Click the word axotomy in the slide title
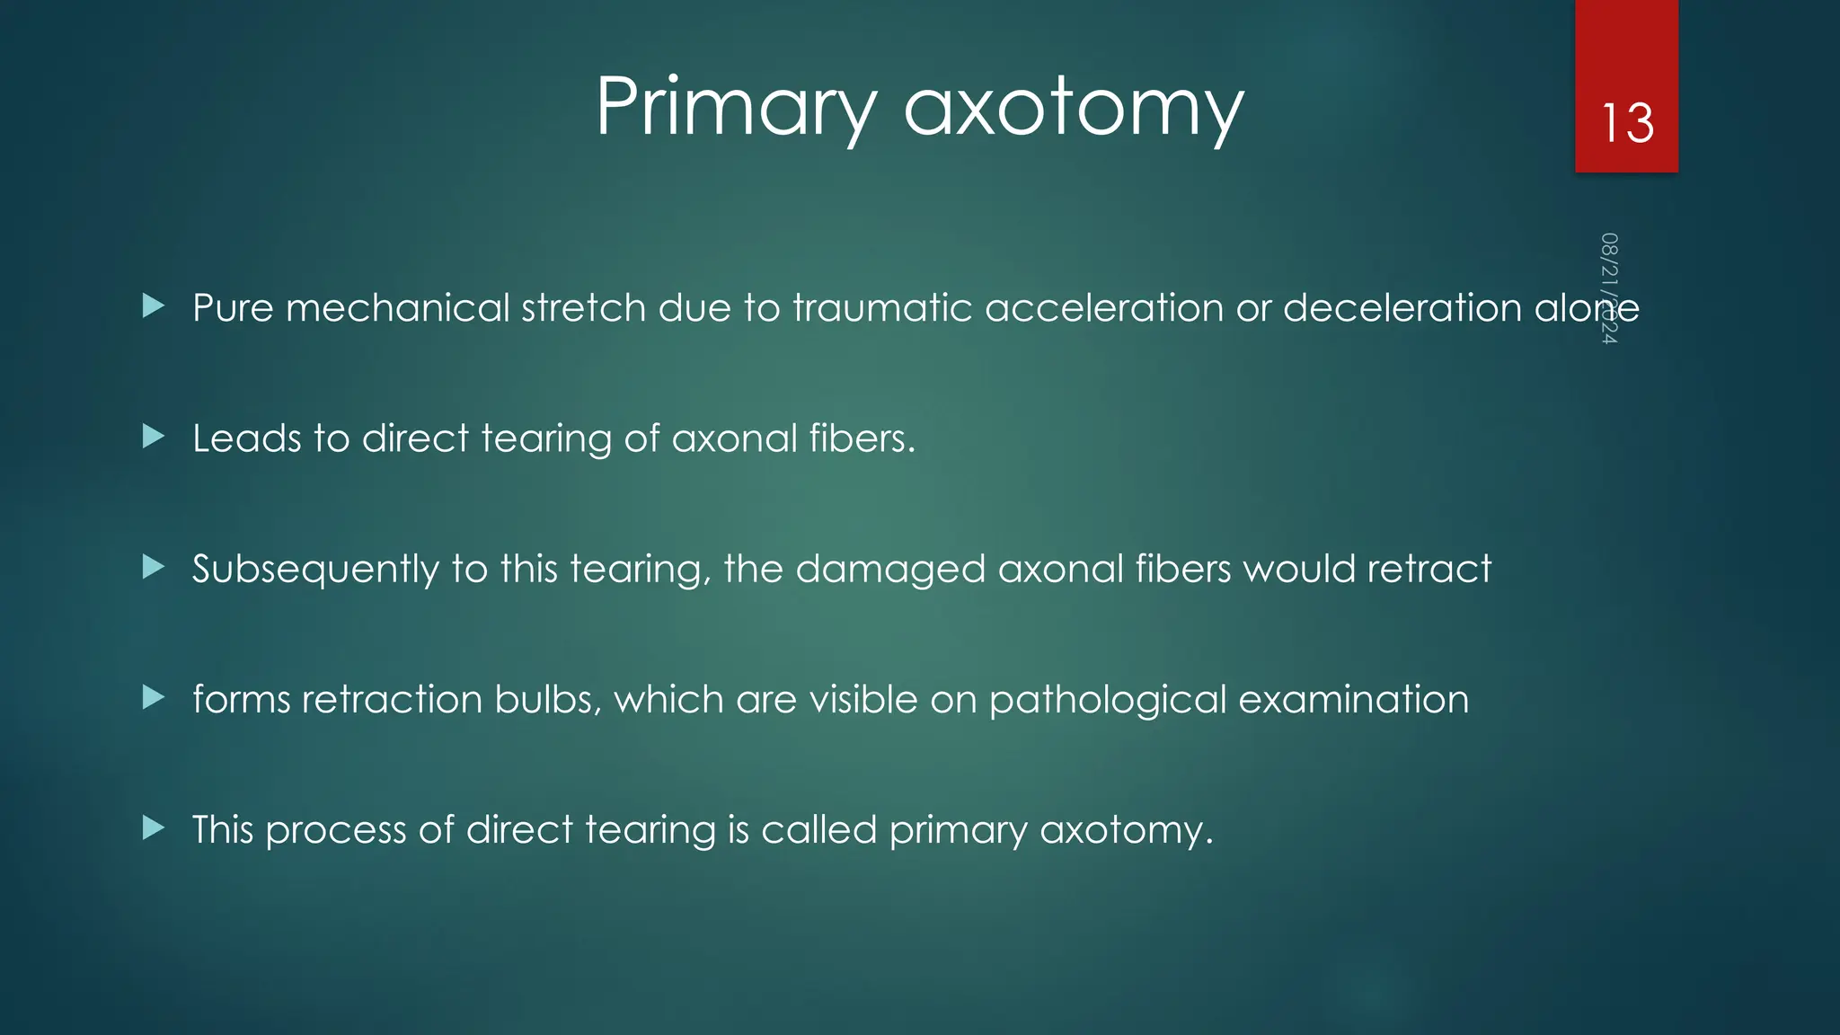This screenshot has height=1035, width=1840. (x=1073, y=108)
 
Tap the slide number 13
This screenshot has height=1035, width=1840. (x=1626, y=123)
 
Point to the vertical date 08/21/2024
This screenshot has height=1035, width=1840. (x=1609, y=287)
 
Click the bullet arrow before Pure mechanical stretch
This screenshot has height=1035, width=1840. (x=154, y=306)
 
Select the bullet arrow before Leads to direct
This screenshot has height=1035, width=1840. (x=154, y=437)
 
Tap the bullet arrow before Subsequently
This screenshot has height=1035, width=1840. (x=154, y=567)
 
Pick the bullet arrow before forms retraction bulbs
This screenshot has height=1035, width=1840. (x=154, y=697)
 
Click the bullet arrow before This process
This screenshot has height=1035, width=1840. (x=154, y=827)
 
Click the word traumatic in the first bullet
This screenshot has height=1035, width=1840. (x=882, y=308)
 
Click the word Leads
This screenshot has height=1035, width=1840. (x=247, y=438)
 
